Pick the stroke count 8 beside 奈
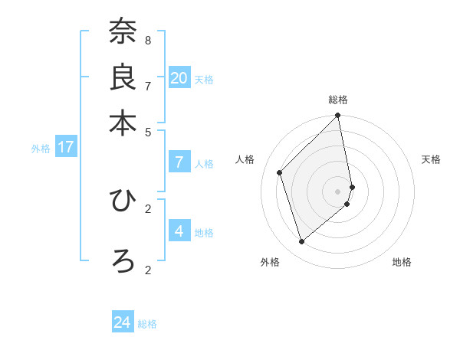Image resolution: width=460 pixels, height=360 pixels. point(148,40)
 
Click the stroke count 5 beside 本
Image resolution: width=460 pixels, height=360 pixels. point(148,131)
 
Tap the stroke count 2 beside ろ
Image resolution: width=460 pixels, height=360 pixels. point(148,270)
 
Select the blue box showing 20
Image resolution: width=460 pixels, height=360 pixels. point(179,77)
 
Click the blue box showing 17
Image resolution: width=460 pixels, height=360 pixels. point(65,147)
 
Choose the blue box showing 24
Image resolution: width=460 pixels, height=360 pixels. point(123,322)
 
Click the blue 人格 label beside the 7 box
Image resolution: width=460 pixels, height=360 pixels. point(204,163)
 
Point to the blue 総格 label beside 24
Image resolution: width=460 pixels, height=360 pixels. point(147,324)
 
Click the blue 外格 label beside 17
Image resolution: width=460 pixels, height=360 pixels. point(40,149)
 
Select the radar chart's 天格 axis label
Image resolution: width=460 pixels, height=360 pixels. point(431,159)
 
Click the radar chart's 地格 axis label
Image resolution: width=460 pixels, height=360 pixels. point(402,262)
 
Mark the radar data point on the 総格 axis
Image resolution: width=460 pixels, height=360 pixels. point(338,116)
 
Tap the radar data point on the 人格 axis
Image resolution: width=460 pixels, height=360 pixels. point(280,172)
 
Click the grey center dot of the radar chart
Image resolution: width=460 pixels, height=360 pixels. point(338,191)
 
